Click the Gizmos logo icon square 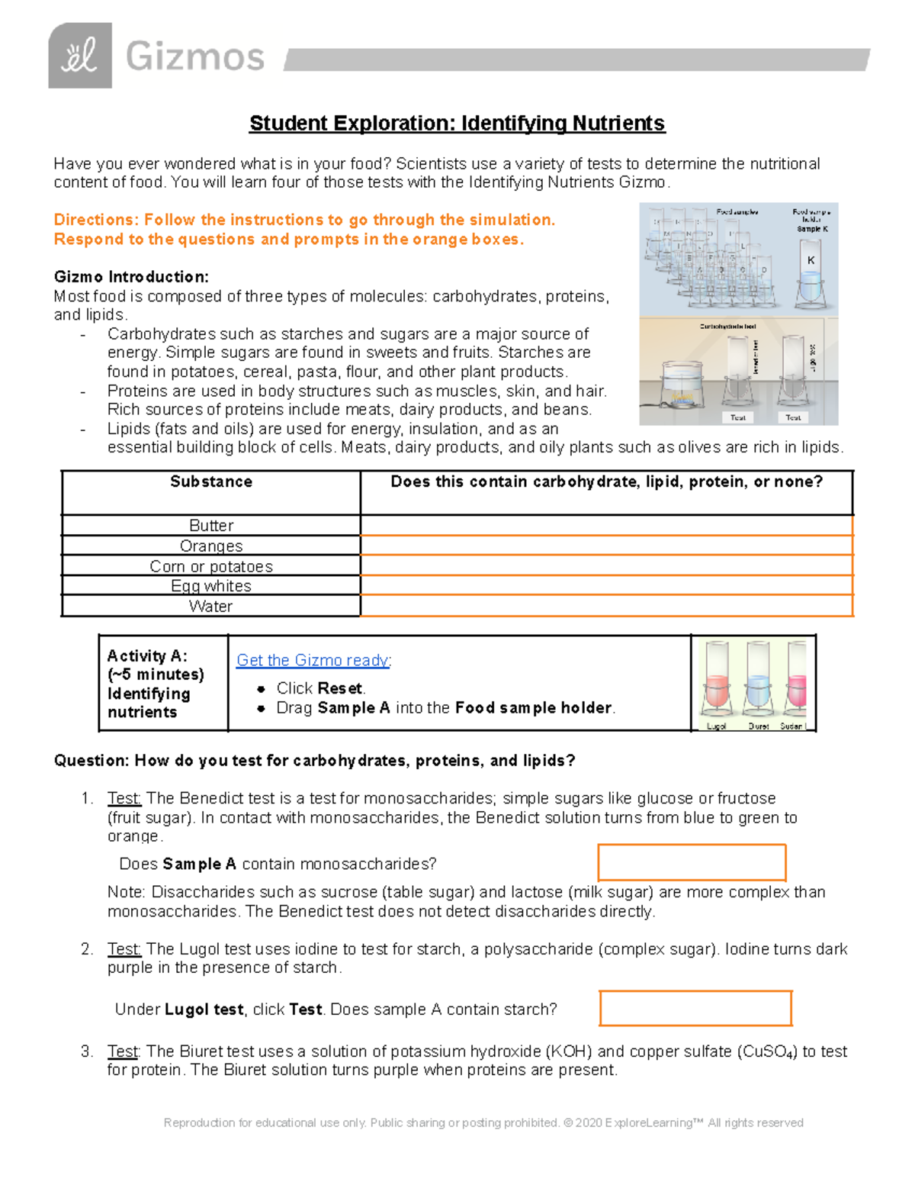point(80,56)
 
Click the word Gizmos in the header point(195,57)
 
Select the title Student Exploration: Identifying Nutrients point(457,124)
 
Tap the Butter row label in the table point(211,526)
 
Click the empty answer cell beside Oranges point(606,546)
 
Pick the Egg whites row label point(211,586)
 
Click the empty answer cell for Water point(606,606)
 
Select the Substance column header point(211,482)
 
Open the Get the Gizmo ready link point(313,660)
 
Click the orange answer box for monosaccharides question point(692,863)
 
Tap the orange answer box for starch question point(695,1009)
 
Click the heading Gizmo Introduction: point(131,276)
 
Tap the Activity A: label point(147,656)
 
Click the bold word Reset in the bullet point(340,688)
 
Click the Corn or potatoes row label point(211,566)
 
